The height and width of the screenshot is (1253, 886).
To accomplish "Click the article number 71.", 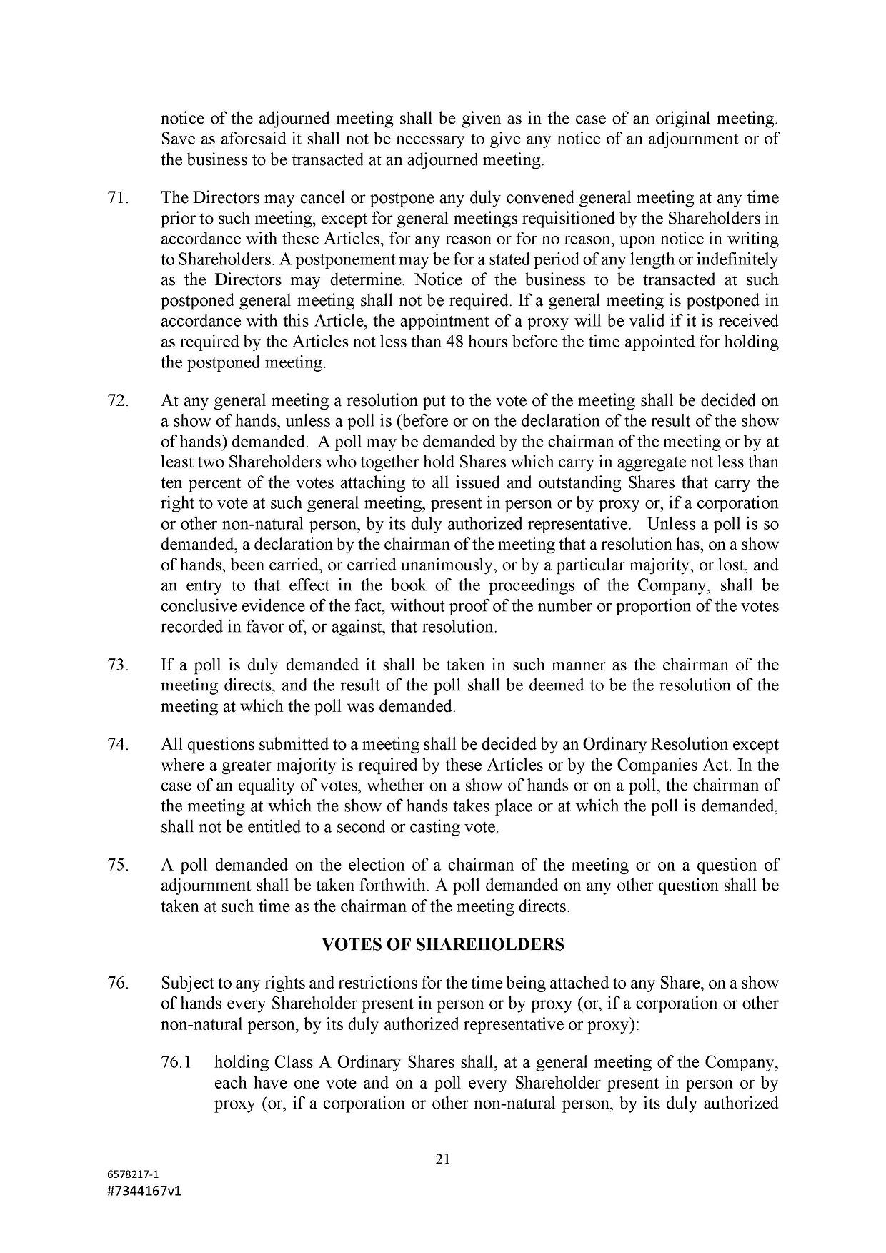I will pos(117,198).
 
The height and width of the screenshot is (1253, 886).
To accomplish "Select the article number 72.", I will pos(117,401).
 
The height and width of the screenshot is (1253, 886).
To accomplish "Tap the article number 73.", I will pos(117,665).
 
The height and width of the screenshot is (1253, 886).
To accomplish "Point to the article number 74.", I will pos(117,745).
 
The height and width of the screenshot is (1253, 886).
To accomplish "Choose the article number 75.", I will pos(117,866).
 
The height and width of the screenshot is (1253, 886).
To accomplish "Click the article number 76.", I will pos(117,984).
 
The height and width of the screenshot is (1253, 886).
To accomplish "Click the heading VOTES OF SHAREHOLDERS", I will pos(442,945).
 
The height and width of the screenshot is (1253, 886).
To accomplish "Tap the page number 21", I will pos(442,1159).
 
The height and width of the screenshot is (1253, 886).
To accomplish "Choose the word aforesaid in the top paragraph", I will pos(241,139).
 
